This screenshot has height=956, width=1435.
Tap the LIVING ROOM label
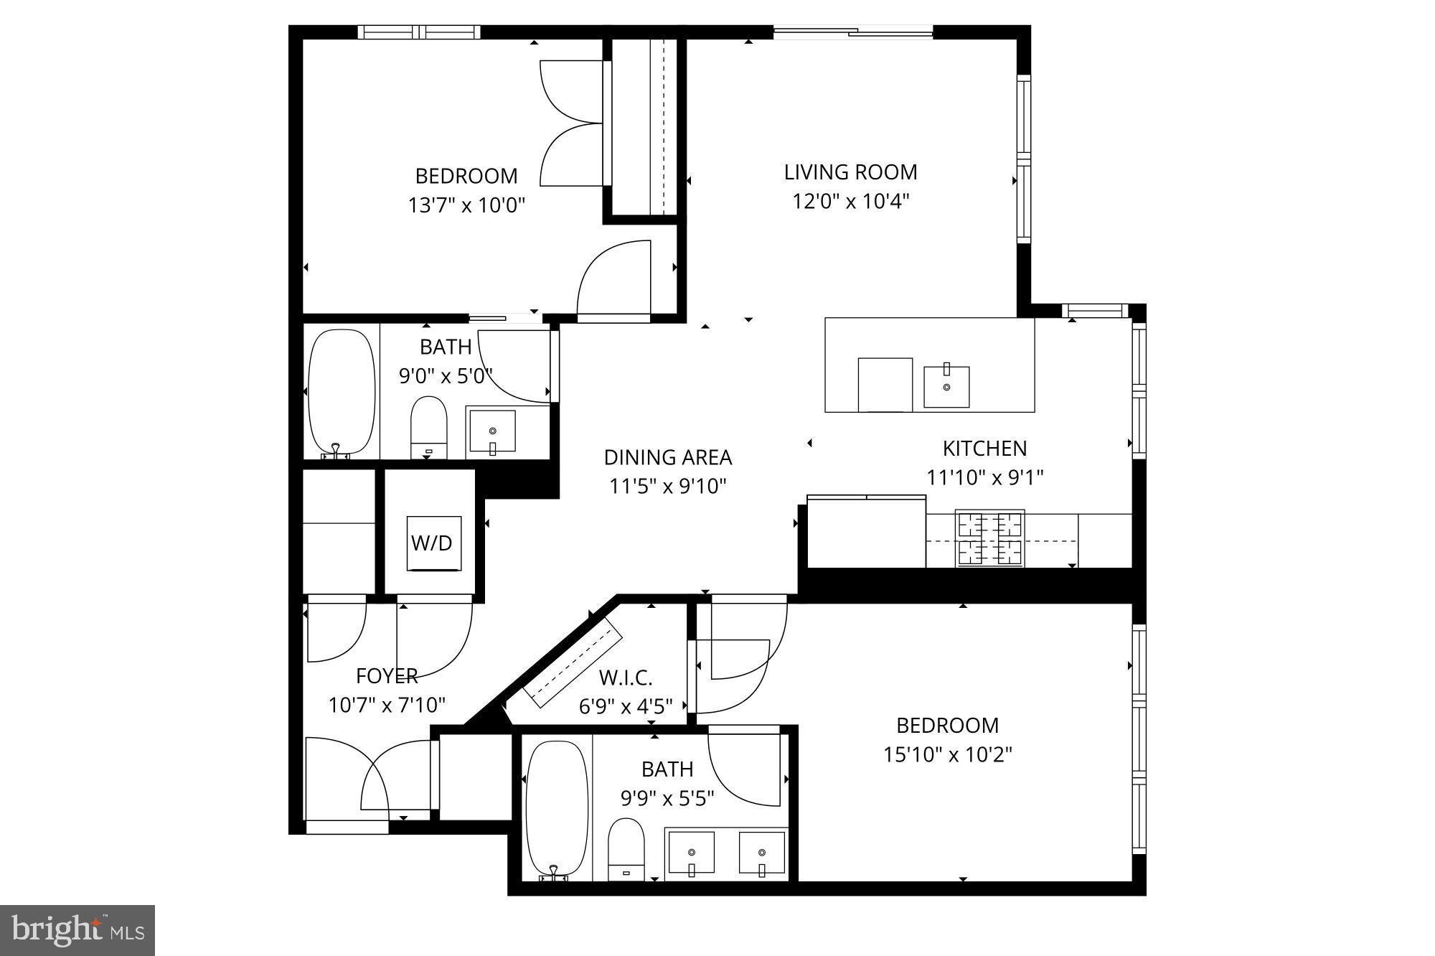(850, 172)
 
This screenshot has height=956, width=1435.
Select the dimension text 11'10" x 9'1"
(984, 477)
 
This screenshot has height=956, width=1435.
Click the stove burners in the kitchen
(990, 539)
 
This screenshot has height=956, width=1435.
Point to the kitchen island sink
(946, 387)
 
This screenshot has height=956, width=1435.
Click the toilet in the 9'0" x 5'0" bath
(429, 428)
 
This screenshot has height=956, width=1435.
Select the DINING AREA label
(668, 457)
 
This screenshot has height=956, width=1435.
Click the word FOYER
(387, 676)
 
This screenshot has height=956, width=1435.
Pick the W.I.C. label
(626, 678)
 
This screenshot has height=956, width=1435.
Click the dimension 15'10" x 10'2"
(947, 755)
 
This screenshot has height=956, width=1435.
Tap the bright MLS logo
(77, 930)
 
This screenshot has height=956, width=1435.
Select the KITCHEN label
(984, 449)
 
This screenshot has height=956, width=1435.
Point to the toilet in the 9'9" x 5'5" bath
(626, 850)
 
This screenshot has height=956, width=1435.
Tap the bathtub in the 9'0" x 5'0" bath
(342, 391)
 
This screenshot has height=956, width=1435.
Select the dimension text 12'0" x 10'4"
(850, 202)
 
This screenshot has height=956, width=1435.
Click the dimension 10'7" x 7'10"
(387, 706)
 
